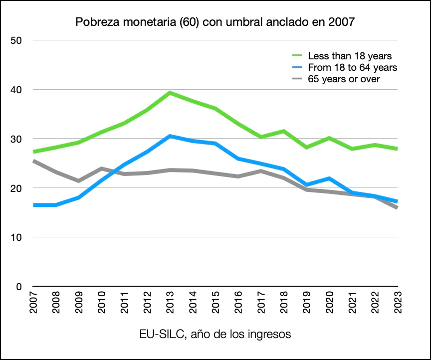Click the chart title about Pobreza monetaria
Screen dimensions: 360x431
tap(215, 22)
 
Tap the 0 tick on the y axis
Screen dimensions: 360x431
tap(20, 287)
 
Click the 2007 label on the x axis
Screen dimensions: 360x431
tap(33, 303)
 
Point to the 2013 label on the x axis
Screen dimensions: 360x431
tap(170, 303)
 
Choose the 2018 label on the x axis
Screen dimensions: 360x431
tap(283, 303)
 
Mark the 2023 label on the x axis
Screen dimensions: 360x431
tap(397, 303)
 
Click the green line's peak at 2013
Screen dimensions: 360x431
tap(170, 93)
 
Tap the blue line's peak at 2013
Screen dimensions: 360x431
tap(170, 136)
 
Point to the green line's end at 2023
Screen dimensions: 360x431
tap(397, 149)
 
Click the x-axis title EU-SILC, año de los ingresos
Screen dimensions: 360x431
tap(215, 334)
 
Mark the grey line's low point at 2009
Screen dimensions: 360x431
tap(79, 180)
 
